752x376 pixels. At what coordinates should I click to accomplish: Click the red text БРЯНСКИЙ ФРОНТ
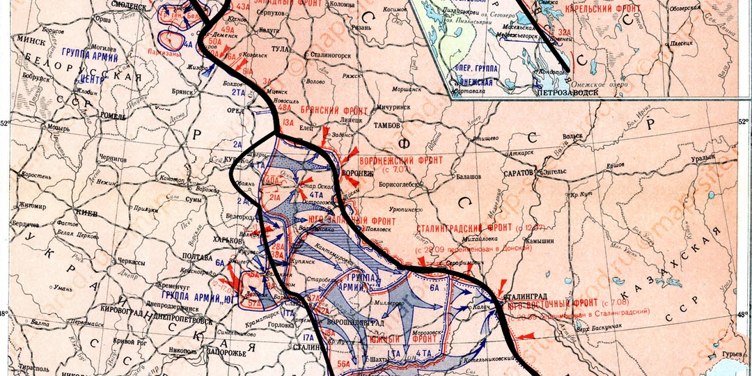click(x=329, y=111)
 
